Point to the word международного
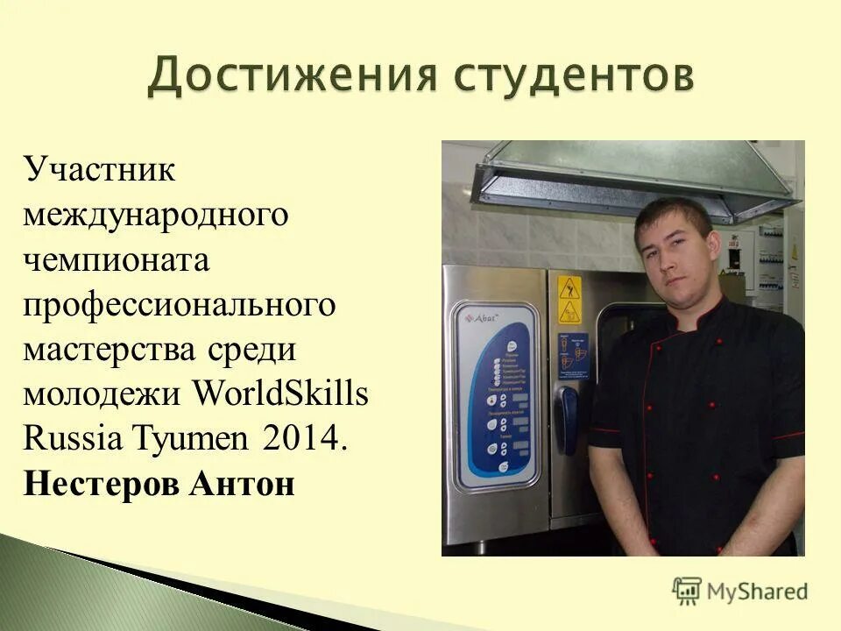coord(156,214)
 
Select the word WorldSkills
coord(279,393)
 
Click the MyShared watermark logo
coord(740,590)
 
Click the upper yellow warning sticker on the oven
coord(569,287)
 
